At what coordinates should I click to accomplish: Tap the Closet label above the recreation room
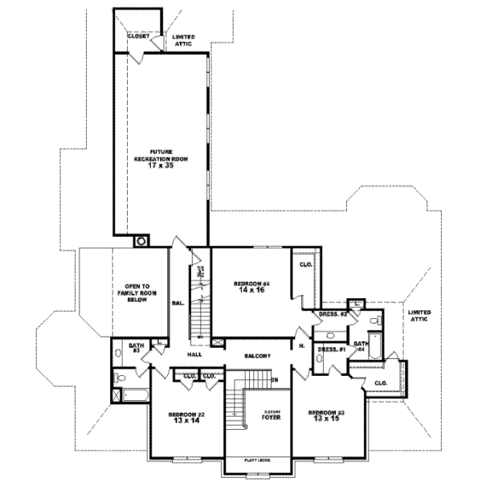[x=139, y=36]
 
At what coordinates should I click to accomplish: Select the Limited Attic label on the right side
[x=419, y=315]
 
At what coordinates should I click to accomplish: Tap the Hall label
[x=194, y=353]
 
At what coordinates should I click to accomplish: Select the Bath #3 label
[x=137, y=348]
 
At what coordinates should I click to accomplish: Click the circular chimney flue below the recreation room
[x=141, y=239]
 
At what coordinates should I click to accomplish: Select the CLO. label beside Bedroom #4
[x=306, y=264]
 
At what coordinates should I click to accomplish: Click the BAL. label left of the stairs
[x=176, y=304]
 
